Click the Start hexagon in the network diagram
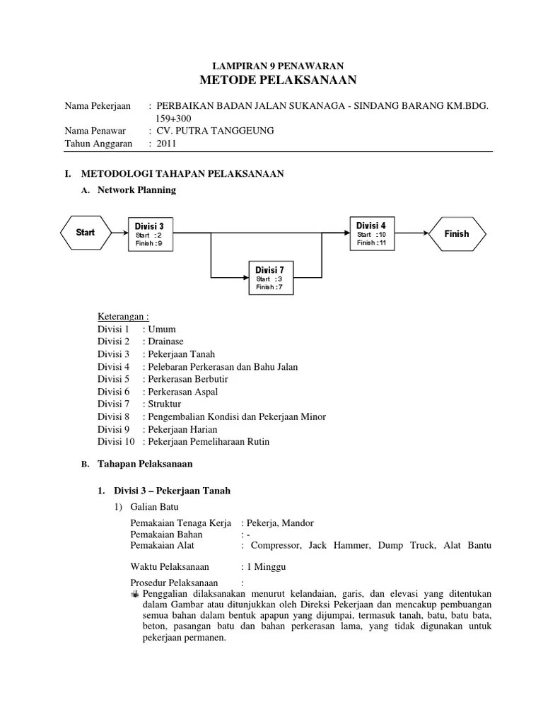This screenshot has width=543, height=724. click(86, 233)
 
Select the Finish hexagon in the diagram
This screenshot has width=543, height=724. click(456, 233)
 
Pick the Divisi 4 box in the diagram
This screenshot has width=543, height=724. click(372, 233)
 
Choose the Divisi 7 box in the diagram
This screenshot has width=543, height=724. click(271, 278)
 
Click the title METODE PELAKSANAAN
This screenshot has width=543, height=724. click(271, 79)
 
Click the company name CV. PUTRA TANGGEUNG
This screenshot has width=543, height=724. click(215, 131)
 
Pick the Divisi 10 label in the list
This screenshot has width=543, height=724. click(117, 442)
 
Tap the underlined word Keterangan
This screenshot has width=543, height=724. click(123, 316)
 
